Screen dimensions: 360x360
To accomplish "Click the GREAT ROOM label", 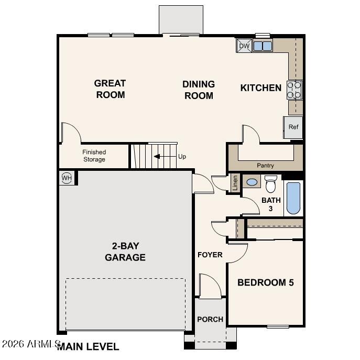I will [x=110, y=89].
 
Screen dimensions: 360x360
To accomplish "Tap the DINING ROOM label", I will [x=199, y=90].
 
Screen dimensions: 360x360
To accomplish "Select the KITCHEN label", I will [x=260, y=88].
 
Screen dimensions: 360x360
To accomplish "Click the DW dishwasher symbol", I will [x=244, y=46].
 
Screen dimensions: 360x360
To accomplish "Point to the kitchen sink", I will [x=263, y=46].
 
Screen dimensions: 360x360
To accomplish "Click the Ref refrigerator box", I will [x=293, y=127].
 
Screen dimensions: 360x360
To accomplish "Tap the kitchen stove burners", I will [x=294, y=90].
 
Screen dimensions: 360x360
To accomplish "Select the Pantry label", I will [x=265, y=166].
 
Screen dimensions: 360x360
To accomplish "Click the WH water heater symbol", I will [x=67, y=178].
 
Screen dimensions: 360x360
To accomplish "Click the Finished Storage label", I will [x=94, y=156].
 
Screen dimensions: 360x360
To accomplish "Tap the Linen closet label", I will [x=235, y=183].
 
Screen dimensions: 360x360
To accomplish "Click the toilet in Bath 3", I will [x=270, y=184].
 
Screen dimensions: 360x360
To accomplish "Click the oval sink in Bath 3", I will [x=252, y=182].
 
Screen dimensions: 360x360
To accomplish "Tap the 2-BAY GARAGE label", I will [x=125, y=252].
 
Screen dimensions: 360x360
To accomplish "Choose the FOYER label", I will [x=210, y=255].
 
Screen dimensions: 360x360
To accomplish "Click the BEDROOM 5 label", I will [x=265, y=282].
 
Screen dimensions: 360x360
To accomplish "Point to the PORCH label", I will [x=210, y=319].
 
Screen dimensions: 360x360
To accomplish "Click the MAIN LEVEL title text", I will [x=88, y=346].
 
